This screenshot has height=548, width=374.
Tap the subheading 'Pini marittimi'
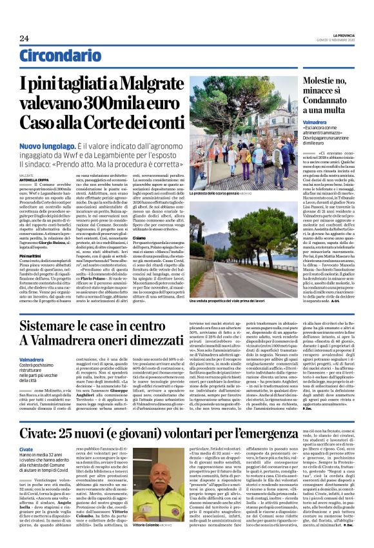[31, 256]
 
